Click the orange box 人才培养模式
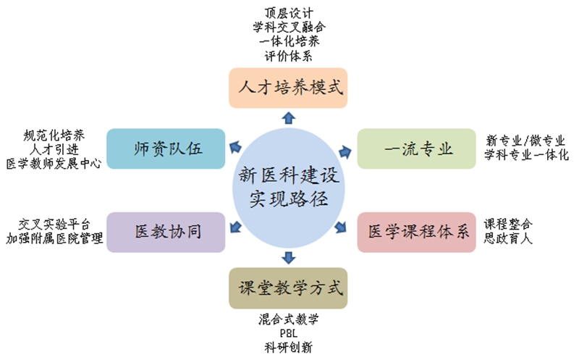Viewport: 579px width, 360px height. click(x=288, y=88)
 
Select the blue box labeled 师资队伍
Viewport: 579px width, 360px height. click(x=166, y=148)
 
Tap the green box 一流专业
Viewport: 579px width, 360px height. click(x=417, y=148)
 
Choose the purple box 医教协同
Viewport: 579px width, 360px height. click(x=166, y=232)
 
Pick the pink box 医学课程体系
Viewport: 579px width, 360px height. click(x=417, y=232)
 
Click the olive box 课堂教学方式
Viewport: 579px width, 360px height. click(x=288, y=288)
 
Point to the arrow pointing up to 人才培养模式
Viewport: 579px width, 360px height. click(x=288, y=118)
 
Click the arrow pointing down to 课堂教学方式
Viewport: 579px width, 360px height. click(x=288, y=258)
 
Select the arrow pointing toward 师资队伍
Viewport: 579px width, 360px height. click(x=235, y=147)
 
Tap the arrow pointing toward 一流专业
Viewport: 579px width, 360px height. click(x=345, y=151)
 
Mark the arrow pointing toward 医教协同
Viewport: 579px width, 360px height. click(x=236, y=227)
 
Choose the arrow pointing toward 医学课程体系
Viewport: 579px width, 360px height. click(x=341, y=227)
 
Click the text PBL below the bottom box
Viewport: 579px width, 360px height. click(x=288, y=333)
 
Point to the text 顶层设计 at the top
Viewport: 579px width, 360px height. click(x=289, y=13)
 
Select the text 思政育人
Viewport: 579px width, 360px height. click(x=508, y=238)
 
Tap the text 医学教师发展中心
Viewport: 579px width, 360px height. click(x=54, y=164)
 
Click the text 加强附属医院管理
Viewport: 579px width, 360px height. click(x=54, y=238)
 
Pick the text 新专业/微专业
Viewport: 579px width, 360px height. click(x=525, y=141)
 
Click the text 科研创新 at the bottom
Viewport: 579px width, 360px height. click(x=288, y=348)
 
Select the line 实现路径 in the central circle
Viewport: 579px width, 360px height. click(x=288, y=199)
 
